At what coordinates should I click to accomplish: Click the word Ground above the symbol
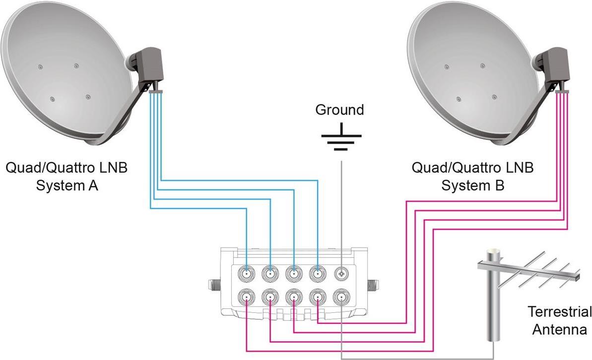click(339, 109)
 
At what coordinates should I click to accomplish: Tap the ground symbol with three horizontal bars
click(340, 137)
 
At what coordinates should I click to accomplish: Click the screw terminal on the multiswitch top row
click(342, 273)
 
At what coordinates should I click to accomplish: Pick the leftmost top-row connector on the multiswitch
click(247, 273)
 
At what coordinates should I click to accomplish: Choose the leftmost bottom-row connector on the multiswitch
click(247, 297)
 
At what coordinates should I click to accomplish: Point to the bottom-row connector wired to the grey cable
click(342, 297)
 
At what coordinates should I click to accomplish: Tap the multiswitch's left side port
click(212, 286)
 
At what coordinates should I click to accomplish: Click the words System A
click(66, 186)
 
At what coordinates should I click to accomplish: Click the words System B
click(472, 186)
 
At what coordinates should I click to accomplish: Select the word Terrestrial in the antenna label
click(559, 312)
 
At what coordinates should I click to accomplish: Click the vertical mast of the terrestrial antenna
click(492, 308)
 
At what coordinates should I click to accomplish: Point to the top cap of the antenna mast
click(492, 253)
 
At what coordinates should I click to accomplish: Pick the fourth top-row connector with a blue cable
click(318, 273)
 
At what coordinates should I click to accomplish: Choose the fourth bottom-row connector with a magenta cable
click(318, 297)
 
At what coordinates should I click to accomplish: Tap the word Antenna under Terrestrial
click(559, 329)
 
